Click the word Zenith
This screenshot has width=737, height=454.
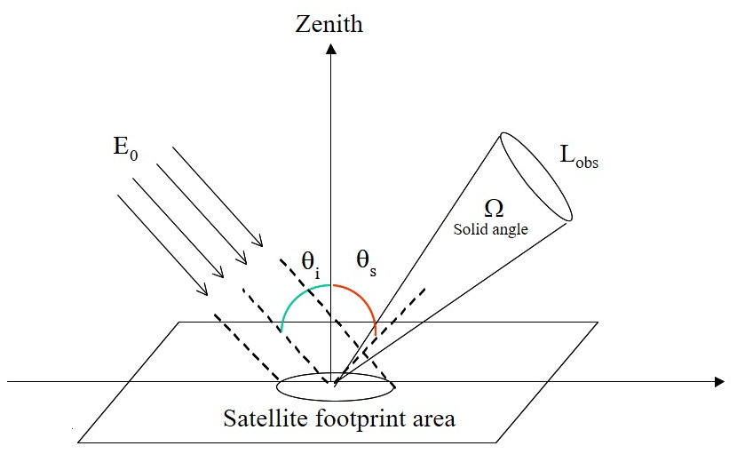[330, 23]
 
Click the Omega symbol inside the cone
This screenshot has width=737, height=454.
[494, 208]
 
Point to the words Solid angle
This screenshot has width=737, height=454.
[491, 229]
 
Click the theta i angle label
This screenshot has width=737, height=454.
[310, 262]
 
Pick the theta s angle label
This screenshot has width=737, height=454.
[365, 262]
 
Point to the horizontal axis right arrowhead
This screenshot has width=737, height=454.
[718, 382]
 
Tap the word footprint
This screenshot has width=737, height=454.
[360, 418]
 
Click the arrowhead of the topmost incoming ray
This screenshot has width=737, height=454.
[259, 243]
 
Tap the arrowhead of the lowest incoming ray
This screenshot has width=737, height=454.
[204, 292]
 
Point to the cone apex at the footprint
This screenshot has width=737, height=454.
[335, 385]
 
